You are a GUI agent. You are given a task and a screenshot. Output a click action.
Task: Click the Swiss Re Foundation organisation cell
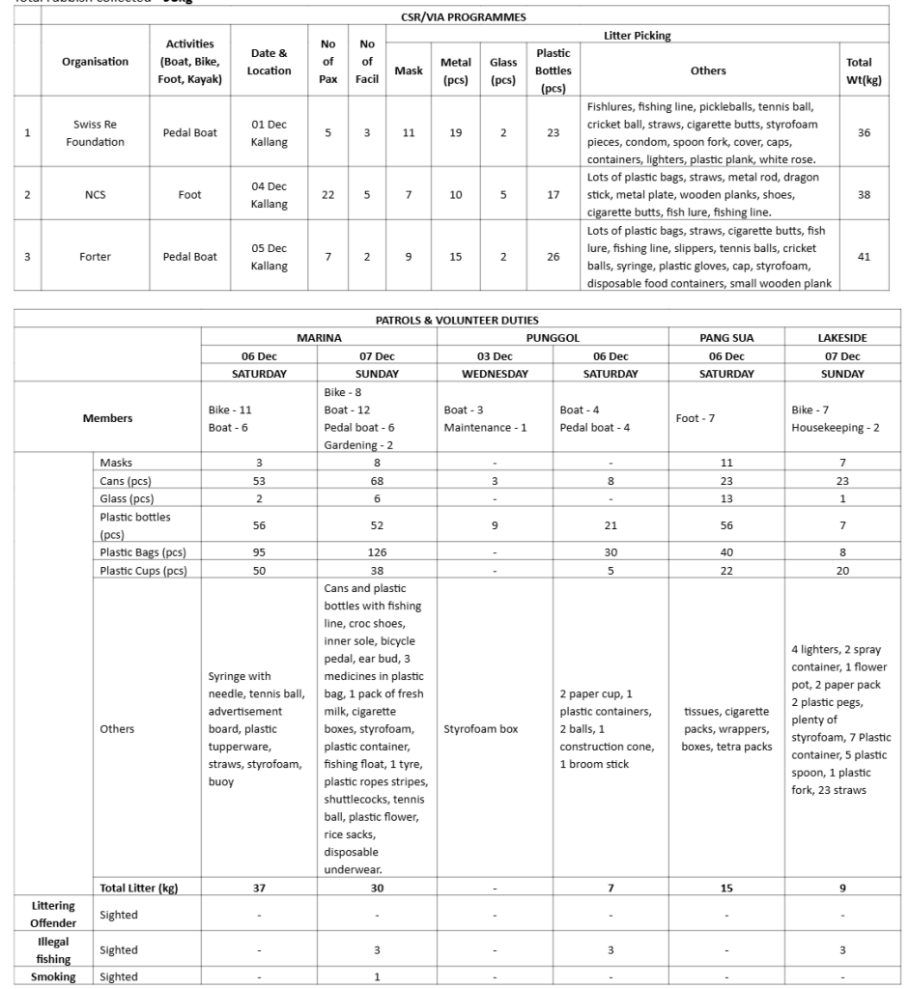point(95,133)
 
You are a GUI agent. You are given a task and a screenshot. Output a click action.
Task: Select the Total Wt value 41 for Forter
point(864,257)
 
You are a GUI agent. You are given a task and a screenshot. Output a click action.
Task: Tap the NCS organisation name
point(95,195)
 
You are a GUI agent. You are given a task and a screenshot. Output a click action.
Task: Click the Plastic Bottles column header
point(553,71)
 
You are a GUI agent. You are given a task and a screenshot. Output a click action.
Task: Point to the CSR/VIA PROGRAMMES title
point(463,17)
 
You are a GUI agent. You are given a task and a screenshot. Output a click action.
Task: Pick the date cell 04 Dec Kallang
point(269,195)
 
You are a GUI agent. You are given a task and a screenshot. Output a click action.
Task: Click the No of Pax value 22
point(327,195)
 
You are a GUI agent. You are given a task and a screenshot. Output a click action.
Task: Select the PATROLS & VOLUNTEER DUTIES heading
point(457,320)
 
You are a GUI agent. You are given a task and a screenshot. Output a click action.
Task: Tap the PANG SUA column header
point(726,338)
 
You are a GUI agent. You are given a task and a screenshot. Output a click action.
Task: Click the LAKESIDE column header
point(842,338)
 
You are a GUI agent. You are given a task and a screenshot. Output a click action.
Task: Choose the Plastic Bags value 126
point(377,552)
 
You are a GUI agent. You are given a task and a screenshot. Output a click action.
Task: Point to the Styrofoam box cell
point(495,729)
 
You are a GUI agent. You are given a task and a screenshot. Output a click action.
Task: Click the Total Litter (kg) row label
point(139,888)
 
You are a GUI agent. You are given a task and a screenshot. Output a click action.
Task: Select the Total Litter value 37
point(259,888)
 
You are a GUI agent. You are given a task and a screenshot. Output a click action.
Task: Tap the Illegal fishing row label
point(54,949)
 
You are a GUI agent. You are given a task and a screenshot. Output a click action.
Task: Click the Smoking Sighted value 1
point(377,976)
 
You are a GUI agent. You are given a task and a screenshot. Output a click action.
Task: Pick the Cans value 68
point(377,481)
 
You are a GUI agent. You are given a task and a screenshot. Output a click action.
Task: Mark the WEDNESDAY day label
point(495,374)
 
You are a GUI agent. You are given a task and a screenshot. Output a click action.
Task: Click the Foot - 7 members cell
point(696,418)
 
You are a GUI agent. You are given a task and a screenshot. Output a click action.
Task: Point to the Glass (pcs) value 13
point(726,498)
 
